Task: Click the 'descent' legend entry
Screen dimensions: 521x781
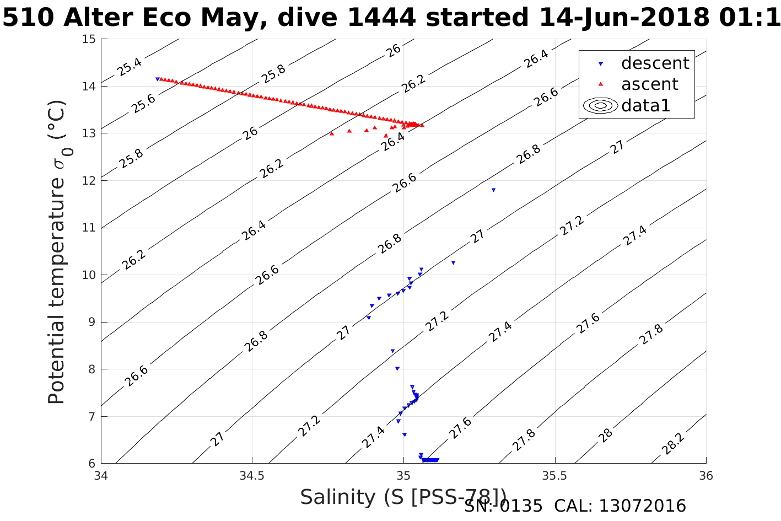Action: pyautogui.click(x=654, y=63)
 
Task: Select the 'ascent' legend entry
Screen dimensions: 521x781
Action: pyautogui.click(x=649, y=84)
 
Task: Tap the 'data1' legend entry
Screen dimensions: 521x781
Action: pyautogui.click(x=645, y=105)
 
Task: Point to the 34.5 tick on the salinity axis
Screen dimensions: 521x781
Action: pyautogui.click(x=252, y=475)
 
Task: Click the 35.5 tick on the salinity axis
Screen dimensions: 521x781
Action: pyautogui.click(x=554, y=475)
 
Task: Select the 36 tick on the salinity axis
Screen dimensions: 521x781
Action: pyautogui.click(x=705, y=475)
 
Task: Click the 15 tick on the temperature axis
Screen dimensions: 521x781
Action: pyautogui.click(x=89, y=39)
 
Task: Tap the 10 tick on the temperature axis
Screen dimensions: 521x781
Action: pyautogui.click(x=89, y=275)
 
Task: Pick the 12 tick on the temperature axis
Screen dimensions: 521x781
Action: pyautogui.click(x=89, y=181)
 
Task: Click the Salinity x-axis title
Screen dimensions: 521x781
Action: pyautogui.click(x=403, y=497)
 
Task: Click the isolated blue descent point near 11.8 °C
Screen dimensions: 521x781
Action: pyautogui.click(x=493, y=190)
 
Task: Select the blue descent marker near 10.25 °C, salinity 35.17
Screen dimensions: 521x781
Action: pyautogui.click(x=453, y=263)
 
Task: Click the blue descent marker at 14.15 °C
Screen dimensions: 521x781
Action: pyautogui.click(x=157, y=79)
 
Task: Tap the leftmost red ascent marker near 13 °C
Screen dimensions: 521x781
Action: pyautogui.click(x=331, y=133)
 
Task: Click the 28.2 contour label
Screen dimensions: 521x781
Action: pyautogui.click(x=673, y=444)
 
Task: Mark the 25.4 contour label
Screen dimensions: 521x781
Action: pyautogui.click(x=130, y=67)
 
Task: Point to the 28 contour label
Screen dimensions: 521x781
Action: pyautogui.click(x=606, y=434)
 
